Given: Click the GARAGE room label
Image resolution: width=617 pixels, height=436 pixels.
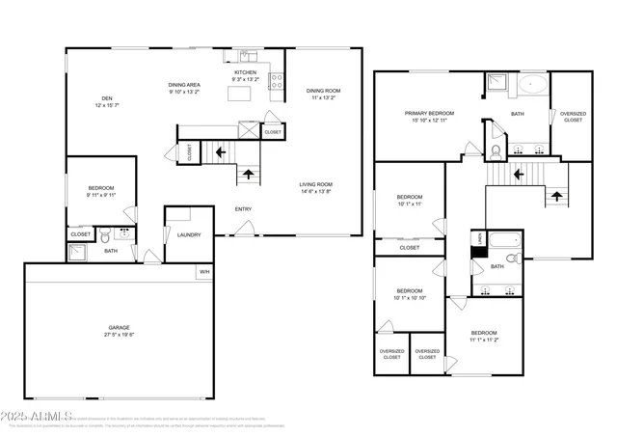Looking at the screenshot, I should click(x=120, y=327).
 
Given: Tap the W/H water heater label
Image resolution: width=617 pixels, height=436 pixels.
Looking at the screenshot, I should click(x=204, y=272).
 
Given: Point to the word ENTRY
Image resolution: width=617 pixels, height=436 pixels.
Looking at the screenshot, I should click(x=243, y=208).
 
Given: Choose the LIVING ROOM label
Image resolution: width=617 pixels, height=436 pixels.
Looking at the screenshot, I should click(x=317, y=184).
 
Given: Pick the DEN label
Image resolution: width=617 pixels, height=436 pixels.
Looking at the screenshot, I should click(x=108, y=96).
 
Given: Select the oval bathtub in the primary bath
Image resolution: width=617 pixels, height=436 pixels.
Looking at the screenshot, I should click(x=532, y=84).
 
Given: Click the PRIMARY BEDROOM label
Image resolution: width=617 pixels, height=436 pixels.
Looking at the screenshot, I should click(x=429, y=113).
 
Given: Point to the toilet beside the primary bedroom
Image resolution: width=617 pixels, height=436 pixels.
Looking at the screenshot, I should click(x=495, y=151).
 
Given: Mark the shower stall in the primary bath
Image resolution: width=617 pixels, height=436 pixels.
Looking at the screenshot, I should click(x=496, y=84).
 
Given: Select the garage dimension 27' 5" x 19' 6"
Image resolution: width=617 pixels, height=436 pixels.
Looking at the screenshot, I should click(x=120, y=334).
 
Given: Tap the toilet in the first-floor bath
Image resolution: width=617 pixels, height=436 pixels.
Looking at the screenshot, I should click(x=121, y=232).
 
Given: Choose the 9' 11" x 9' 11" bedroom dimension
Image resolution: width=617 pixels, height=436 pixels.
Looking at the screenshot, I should click(x=101, y=194).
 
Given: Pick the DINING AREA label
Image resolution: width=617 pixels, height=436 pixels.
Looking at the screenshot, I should click(x=183, y=85).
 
